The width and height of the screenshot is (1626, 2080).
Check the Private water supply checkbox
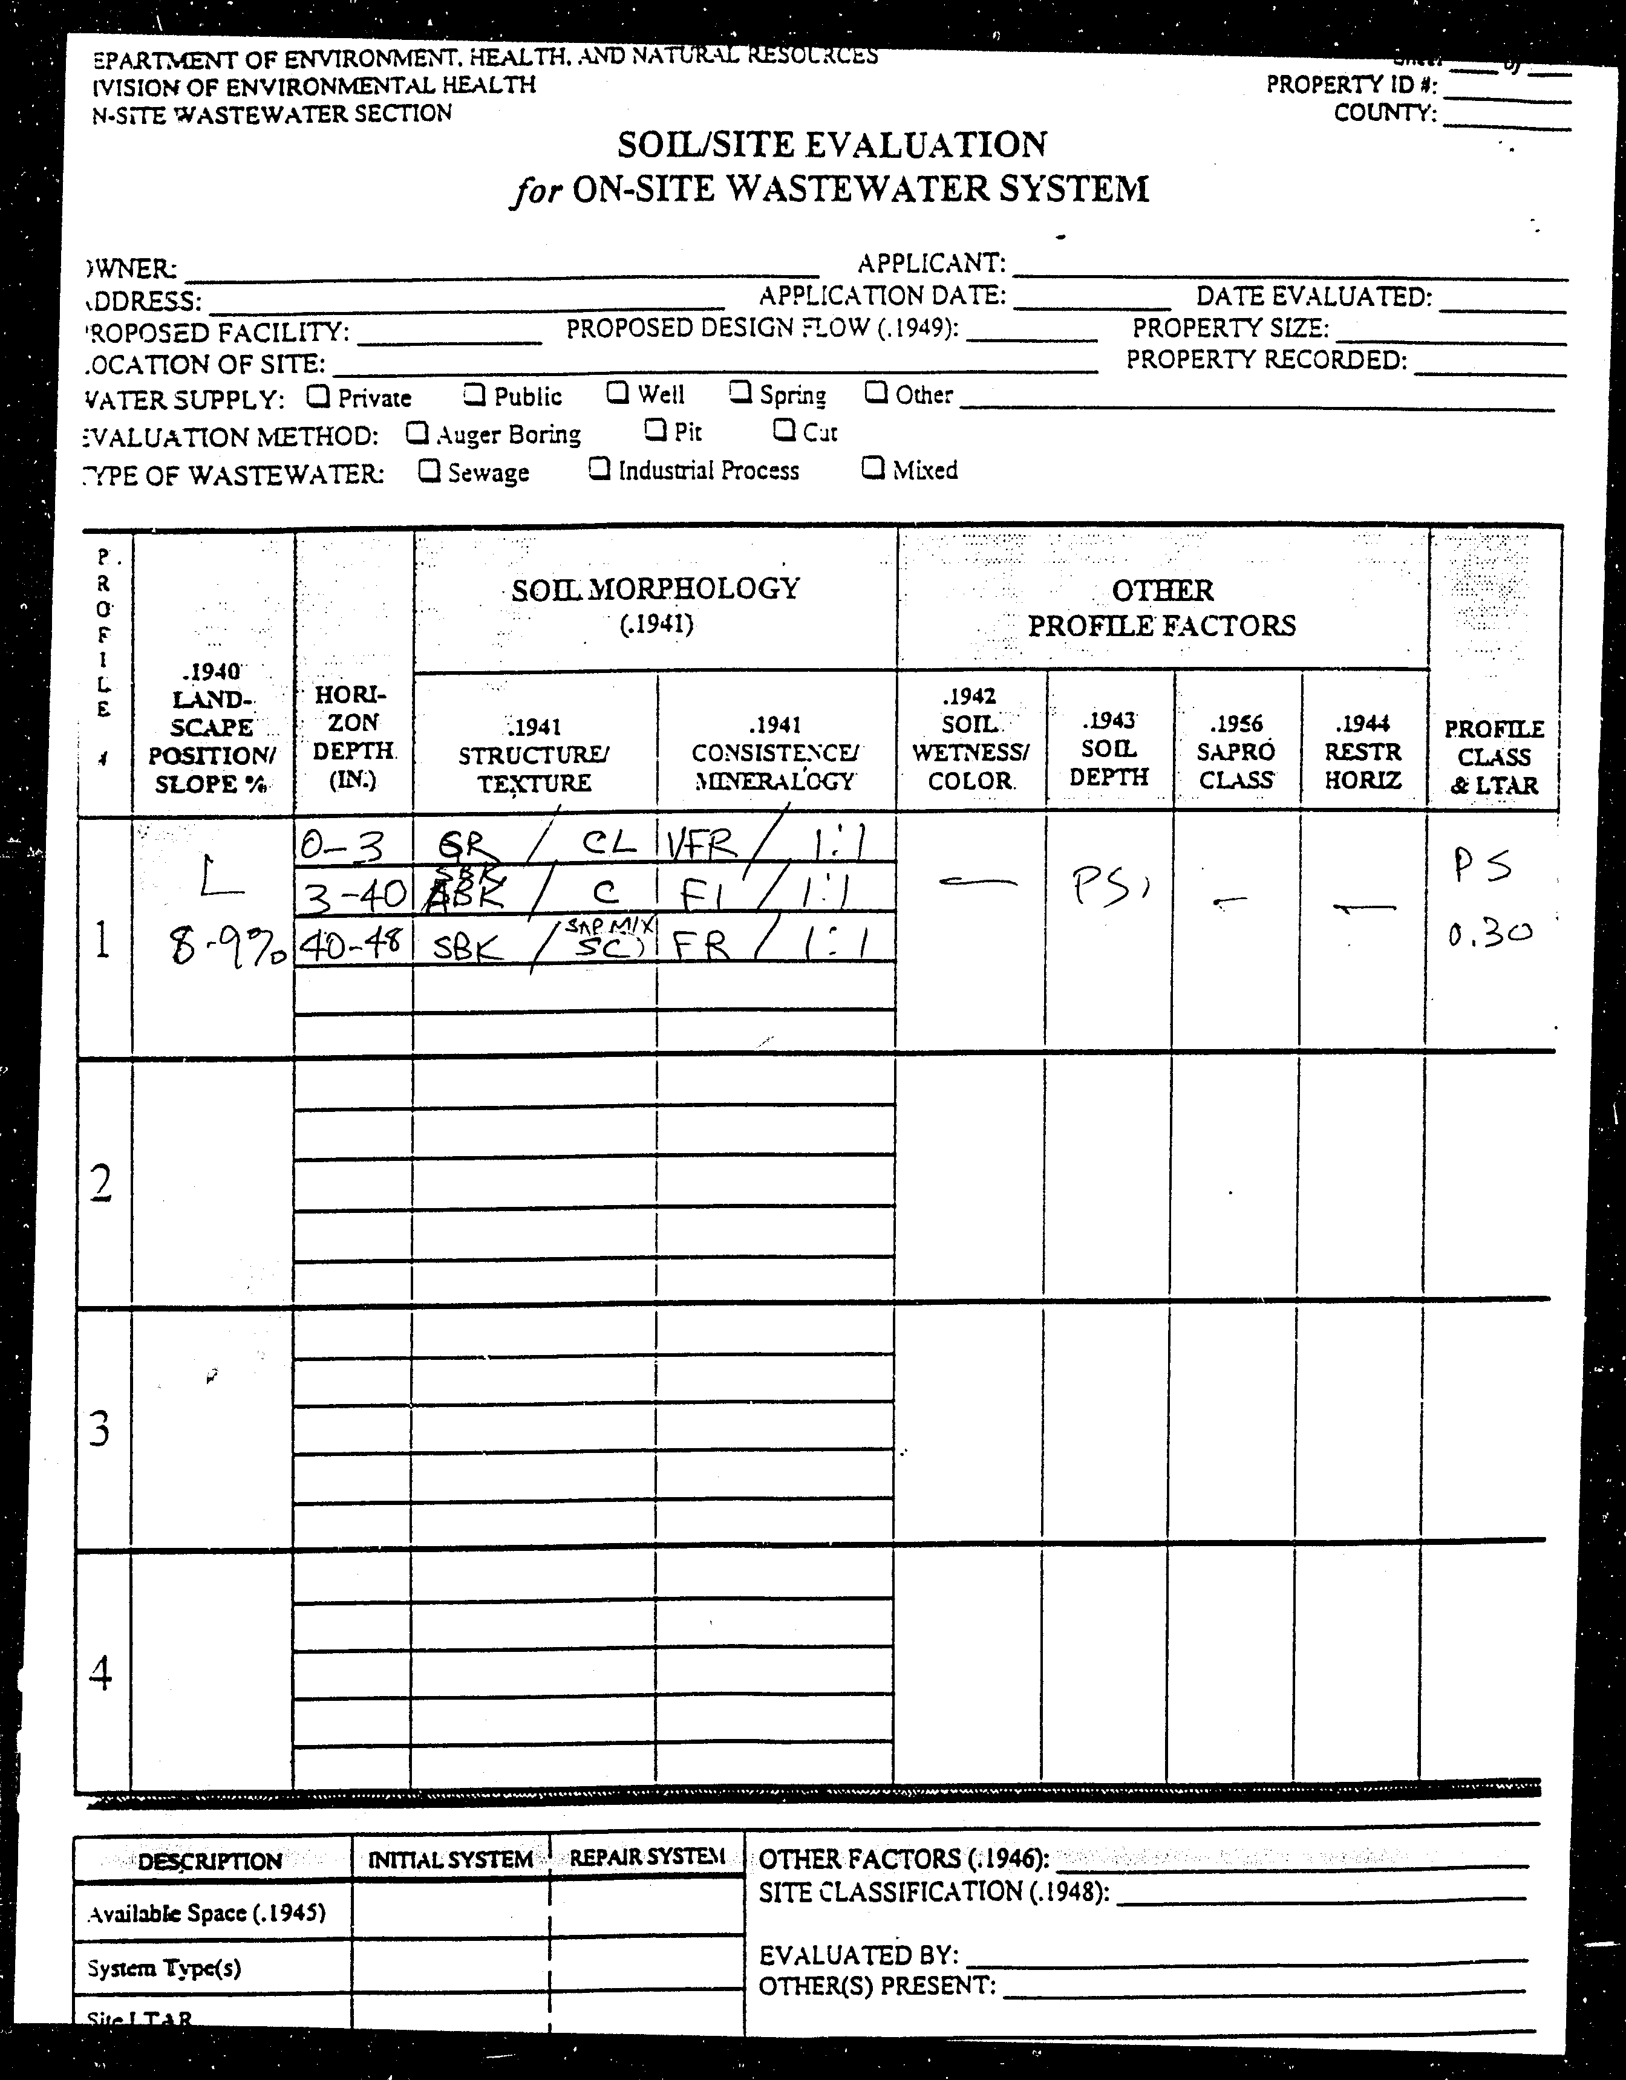pyautogui.click(x=319, y=395)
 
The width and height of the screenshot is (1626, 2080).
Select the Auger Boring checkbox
pyautogui.click(x=416, y=434)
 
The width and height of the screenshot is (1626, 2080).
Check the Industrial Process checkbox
pyautogui.click(x=599, y=469)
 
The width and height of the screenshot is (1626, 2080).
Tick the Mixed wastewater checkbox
pyautogui.click(x=872, y=467)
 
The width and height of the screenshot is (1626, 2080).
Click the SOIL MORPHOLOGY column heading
pyautogui.click(x=655, y=590)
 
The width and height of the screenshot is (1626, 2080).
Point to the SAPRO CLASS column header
pyautogui.click(x=1235, y=752)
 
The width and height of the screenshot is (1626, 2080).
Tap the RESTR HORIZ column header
pyautogui.click(x=1362, y=752)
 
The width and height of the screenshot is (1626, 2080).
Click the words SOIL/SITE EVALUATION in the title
pyautogui.click(x=832, y=145)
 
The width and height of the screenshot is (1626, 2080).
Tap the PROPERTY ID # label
pyautogui.click(x=1351, y=85)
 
